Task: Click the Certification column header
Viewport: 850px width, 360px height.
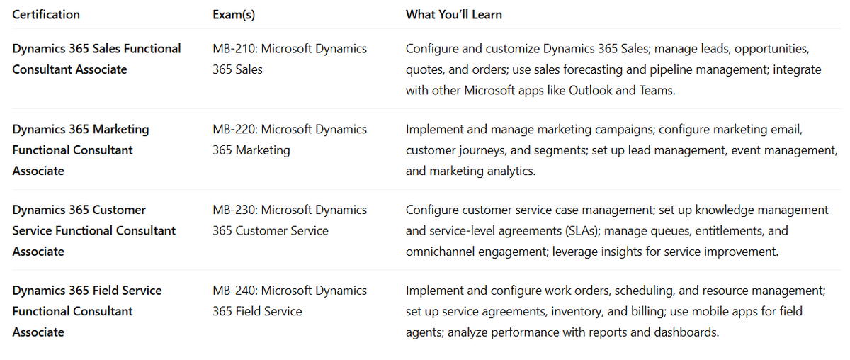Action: click(46, 14)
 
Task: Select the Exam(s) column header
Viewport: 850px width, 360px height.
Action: click(234, 14)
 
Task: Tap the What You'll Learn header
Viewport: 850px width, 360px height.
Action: click(454, 14)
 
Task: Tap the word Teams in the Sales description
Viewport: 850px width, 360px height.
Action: click(653, 90)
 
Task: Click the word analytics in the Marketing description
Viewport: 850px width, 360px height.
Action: click(509, 171)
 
